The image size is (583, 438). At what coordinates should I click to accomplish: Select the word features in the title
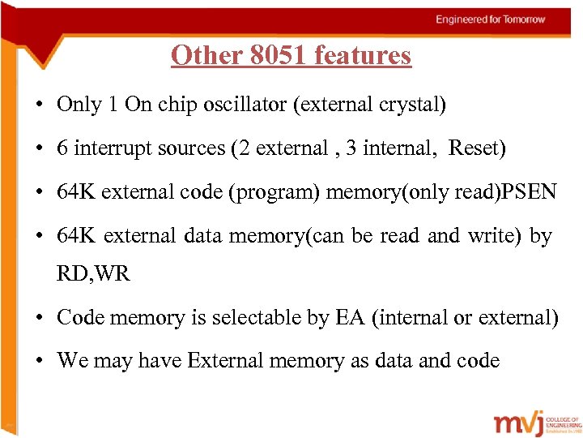(363, 55)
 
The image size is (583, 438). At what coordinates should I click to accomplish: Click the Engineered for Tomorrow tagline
(491, 19)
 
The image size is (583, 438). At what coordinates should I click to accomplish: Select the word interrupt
(109, 148)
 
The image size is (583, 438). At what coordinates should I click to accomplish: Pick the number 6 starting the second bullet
(62, 148)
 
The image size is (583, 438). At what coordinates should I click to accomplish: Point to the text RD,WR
(92, 273)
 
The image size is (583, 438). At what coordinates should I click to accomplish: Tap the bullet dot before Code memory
(39, 318)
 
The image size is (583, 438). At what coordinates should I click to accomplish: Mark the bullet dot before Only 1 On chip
(39, 105)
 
